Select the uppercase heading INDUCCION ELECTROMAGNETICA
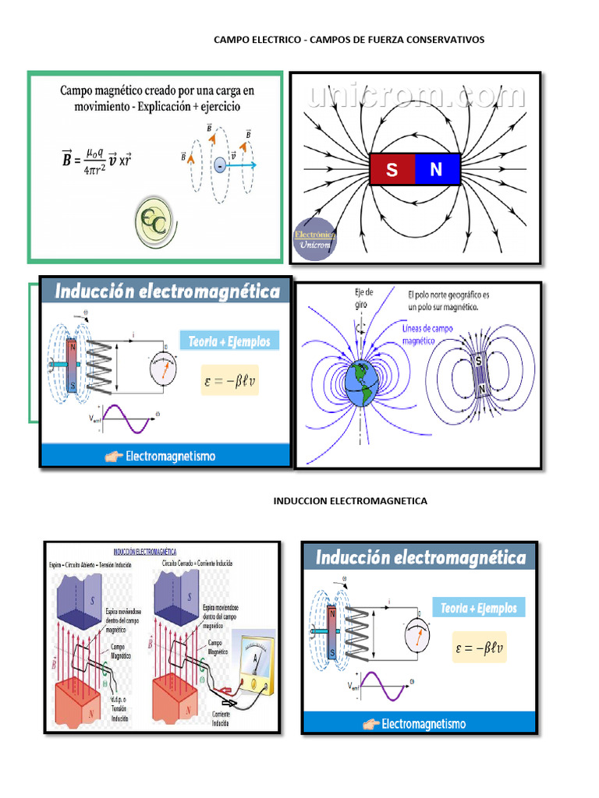[x=350, y=500]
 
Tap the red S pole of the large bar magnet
[x=392, y=169]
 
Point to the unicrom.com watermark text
[x=416, y=96]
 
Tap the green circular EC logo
[x=153, y=223]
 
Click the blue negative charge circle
[x=221, y=165]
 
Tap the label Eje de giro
[x=363, y=298]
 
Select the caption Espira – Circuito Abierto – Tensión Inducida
[x=90, y=563]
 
